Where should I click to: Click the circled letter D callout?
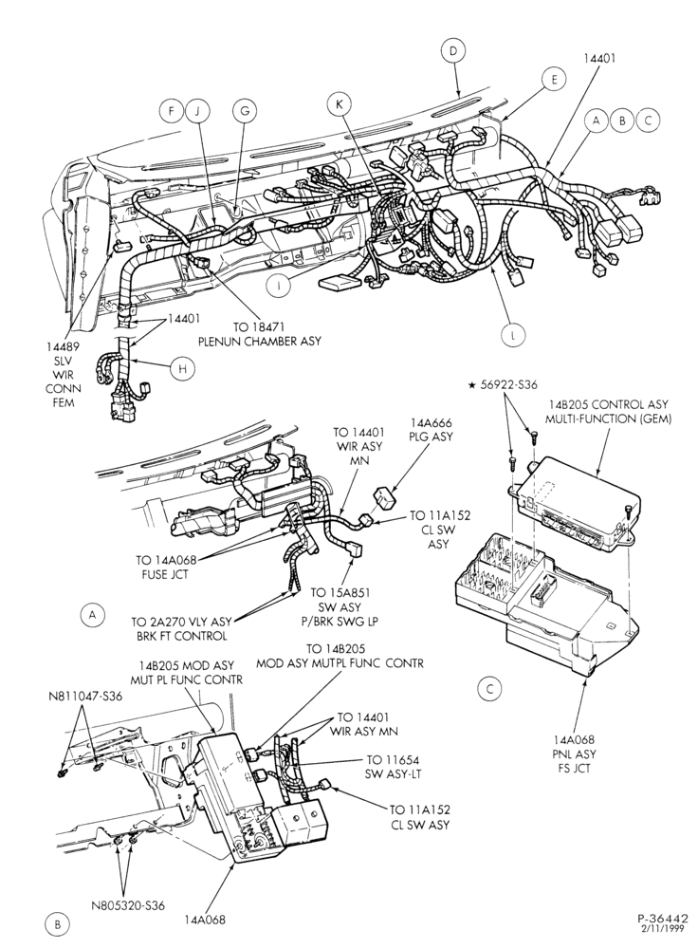pos(452,51)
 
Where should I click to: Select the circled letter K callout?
pos(339,104)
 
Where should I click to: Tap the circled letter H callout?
pos(181,368)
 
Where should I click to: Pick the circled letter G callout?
pos(245,111)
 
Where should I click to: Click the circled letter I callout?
pos(279,286)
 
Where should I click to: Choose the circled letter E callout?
pos(554,80)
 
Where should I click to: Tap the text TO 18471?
pos(260,326)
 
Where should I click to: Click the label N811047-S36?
pos(85,696)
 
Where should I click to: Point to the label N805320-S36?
pos(128,905)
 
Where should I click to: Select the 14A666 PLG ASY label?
pos(432,429)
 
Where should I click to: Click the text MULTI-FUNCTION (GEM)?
pos(609,419)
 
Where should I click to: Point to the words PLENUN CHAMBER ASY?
pos(260,341)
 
